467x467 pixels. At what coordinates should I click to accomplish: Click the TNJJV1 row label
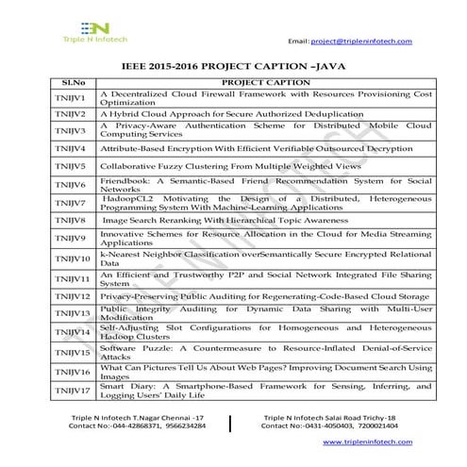[71, 98]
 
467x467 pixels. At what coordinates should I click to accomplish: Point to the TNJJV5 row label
[71, 166]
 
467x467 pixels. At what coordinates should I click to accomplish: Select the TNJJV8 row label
[71, 220]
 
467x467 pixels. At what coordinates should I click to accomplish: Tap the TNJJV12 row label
[71, 296]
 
